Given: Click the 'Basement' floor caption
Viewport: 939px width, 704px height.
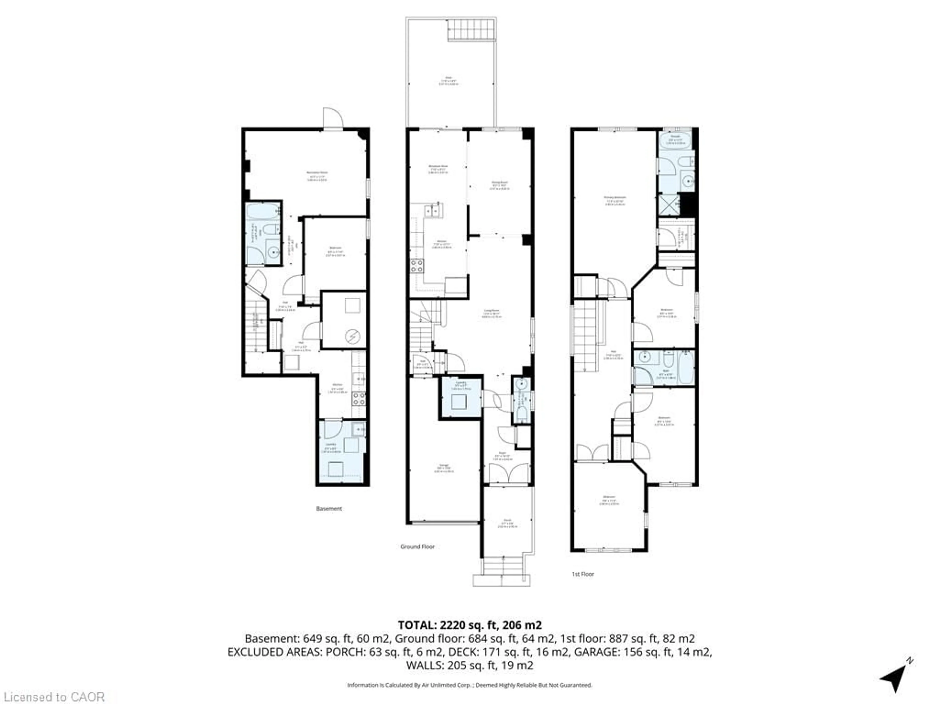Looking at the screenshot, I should tap(329, 508).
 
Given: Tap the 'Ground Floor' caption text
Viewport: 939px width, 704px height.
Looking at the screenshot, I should tap(417, 547).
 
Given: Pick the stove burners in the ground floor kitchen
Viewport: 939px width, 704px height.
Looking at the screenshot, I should tap(416, 266).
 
